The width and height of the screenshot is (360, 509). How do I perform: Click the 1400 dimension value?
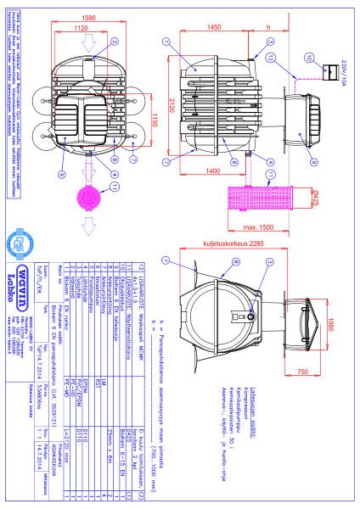tap(213, 171)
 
